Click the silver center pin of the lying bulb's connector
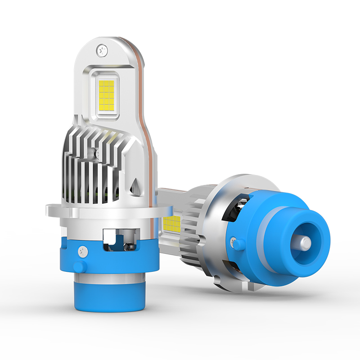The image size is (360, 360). pyautogui.click(x=306, y=243)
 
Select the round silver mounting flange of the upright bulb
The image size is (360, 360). pyautogui.click(x=108, y=210)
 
